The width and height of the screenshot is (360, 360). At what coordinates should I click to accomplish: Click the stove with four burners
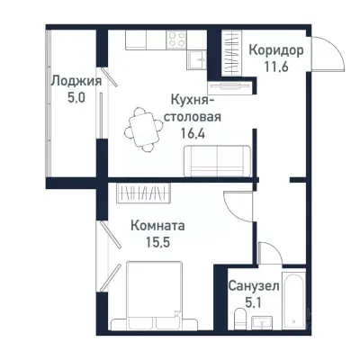click(x=175, y=40)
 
